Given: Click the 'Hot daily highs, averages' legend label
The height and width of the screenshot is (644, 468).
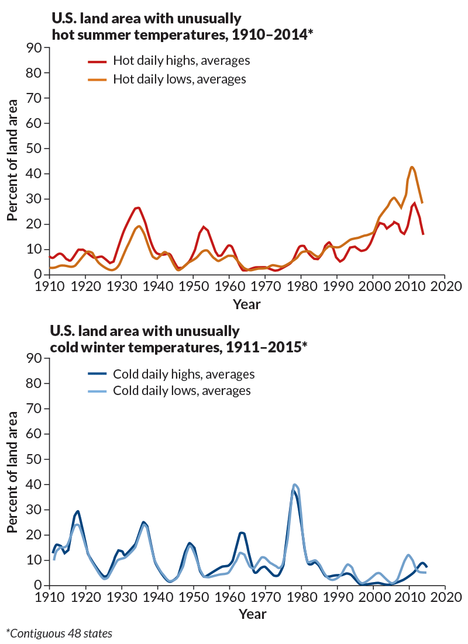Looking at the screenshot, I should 181,61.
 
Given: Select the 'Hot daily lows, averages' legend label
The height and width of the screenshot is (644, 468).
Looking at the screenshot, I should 179,78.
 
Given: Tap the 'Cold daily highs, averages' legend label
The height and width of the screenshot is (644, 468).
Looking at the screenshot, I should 184,373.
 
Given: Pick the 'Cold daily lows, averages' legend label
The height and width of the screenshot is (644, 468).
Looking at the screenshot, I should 181,390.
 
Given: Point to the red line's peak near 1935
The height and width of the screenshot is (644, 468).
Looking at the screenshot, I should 137,207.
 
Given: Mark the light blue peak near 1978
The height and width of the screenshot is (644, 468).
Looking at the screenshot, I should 295,484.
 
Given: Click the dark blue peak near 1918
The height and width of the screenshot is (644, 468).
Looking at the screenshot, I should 78,511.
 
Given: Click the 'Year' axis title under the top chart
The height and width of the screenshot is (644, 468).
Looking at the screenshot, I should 247,304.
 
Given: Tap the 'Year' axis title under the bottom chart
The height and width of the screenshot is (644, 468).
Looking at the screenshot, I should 247,614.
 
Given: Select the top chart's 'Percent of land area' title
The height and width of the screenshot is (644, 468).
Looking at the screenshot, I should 12,161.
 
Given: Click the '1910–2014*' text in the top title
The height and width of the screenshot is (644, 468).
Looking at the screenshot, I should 269,34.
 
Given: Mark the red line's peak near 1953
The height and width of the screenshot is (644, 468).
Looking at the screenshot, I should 204,227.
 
